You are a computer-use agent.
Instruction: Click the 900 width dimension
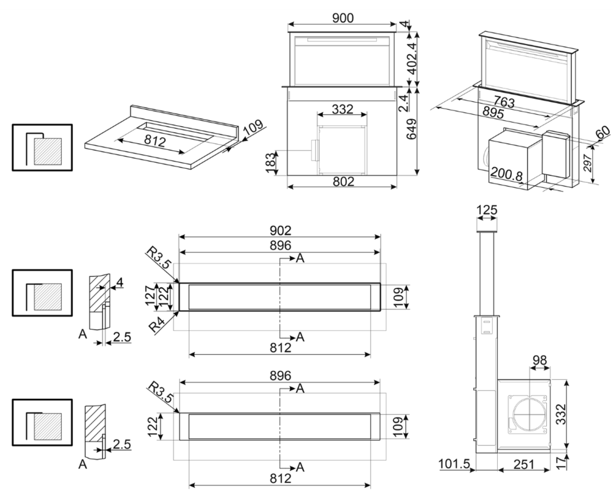pos(343,18)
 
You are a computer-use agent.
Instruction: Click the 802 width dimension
pos(343,182)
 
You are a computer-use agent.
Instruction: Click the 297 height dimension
pos(587,164)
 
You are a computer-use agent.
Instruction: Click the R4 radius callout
pos(159,324)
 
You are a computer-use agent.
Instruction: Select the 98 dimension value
pos(539,360)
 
